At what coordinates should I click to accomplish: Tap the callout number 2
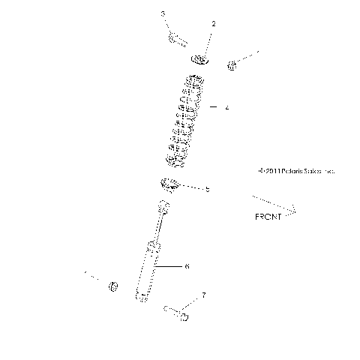(214, 25)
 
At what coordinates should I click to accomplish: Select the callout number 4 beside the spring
(226, 108)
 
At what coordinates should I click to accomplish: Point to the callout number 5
(208, 190)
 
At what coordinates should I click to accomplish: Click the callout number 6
(187, 265)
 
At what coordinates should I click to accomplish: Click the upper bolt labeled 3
(177, 38)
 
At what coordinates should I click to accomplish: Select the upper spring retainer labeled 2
(199, 60)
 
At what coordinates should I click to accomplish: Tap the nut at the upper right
(232, 66)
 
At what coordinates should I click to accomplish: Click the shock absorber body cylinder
(147, 271)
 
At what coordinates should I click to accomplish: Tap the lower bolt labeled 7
(178, 314)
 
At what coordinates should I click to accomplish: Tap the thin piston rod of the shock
(158, 229)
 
